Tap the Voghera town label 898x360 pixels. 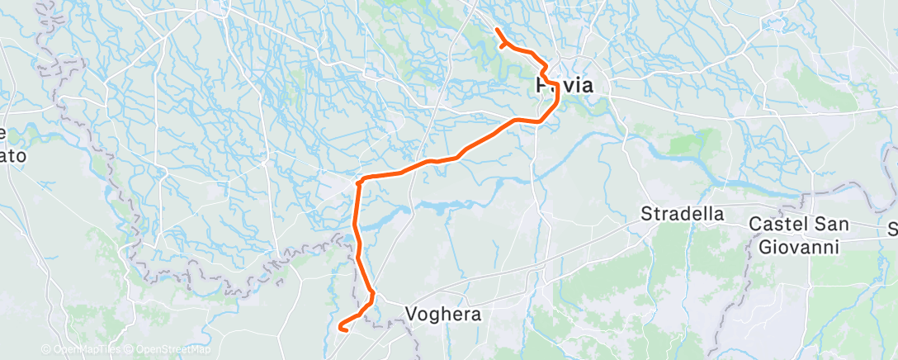[x=444, y=314]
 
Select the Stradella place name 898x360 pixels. [x=683, y=215]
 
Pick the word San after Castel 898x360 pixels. [x=831, y=223]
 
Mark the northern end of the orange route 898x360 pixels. [x=496, y=31]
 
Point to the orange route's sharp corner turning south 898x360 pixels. [x=359, y=180]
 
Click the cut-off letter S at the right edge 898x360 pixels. [x=892, y=227]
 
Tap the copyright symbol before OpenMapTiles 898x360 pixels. [x=46, y=350]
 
